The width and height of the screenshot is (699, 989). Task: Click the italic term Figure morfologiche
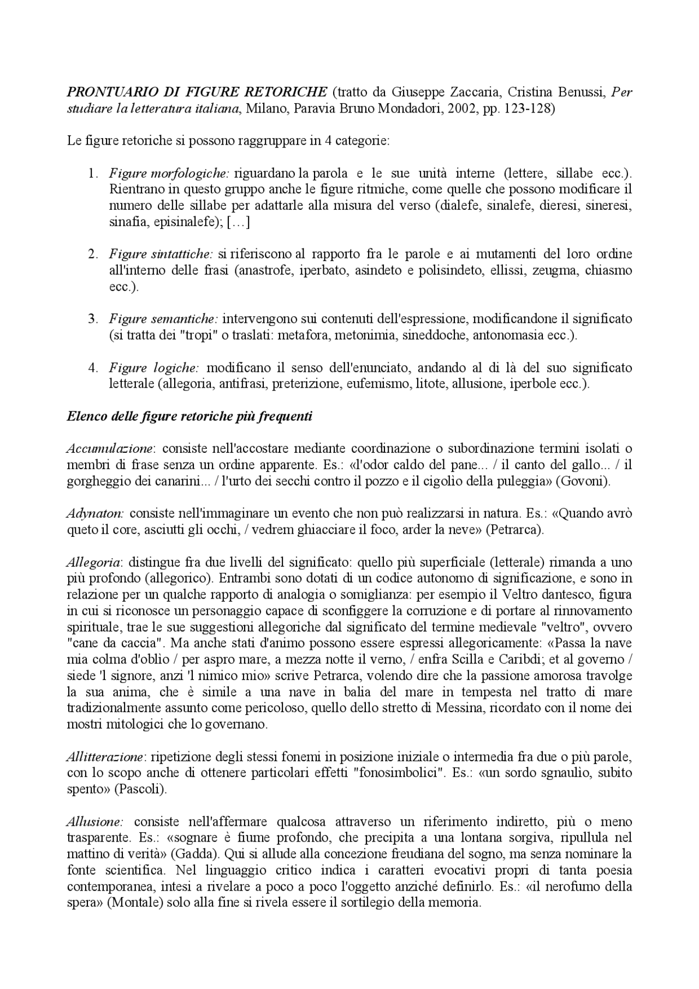[x=169, y=174]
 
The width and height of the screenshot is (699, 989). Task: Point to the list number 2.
[x=93, y=254]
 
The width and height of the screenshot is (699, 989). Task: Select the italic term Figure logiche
[x=154, y=368]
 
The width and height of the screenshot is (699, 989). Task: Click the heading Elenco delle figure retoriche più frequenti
[x=189, y=416]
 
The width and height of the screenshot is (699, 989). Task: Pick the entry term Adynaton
[x=95, y=514]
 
